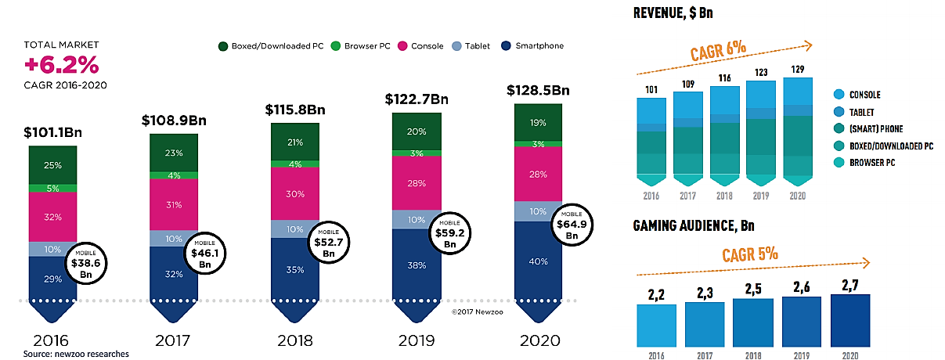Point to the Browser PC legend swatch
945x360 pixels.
[x=328, y=46]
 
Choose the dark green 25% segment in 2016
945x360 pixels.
[x=52, y=165]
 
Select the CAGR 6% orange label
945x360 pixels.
[x=718, y=52]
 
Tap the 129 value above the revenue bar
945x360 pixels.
[x=797, y=70]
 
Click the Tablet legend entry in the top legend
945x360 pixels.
[x=471, y=46]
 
